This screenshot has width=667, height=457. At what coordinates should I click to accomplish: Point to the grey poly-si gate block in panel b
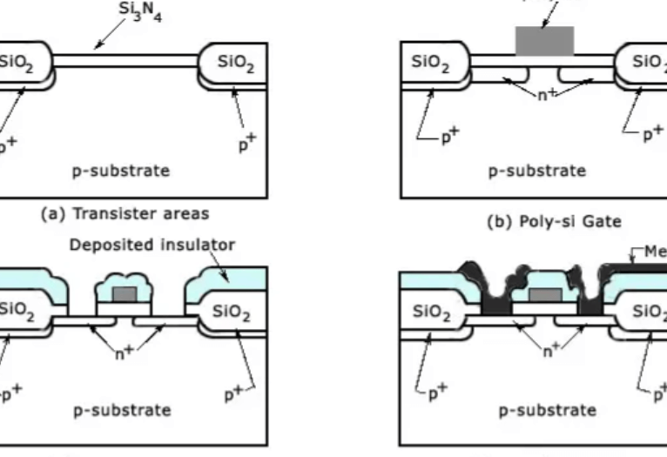(x=544, y=41)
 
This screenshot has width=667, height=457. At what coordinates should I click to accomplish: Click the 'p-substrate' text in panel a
(x=121, y=171)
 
